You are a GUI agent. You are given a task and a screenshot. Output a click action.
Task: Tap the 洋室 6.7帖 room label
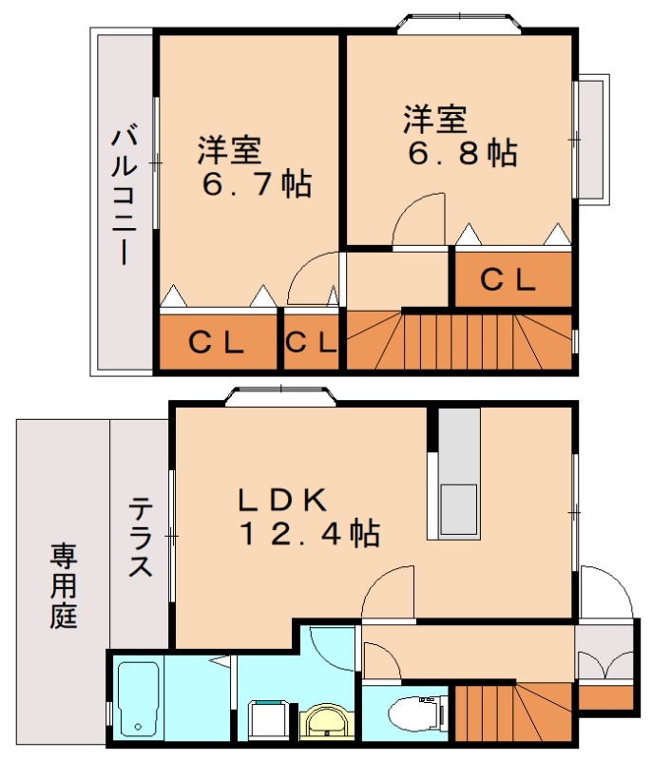pyautogui.click(x=255, y=167)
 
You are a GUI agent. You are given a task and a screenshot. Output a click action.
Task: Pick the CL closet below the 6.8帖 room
pyautogui.click(x=511, y=279)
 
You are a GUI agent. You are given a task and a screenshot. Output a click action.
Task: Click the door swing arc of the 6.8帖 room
pyautogui.click(x=419, y=219)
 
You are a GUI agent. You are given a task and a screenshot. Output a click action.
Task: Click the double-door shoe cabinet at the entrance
pyautogui.click(x=605, y=665)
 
